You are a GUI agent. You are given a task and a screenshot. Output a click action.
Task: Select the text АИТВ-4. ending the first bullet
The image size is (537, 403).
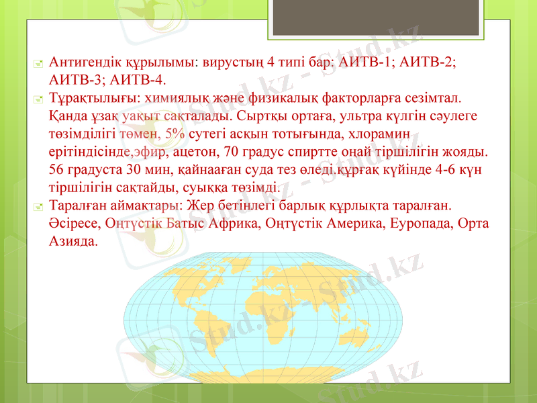(142, 81)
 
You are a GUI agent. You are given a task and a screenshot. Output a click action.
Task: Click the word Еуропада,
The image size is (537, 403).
(417, 222)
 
